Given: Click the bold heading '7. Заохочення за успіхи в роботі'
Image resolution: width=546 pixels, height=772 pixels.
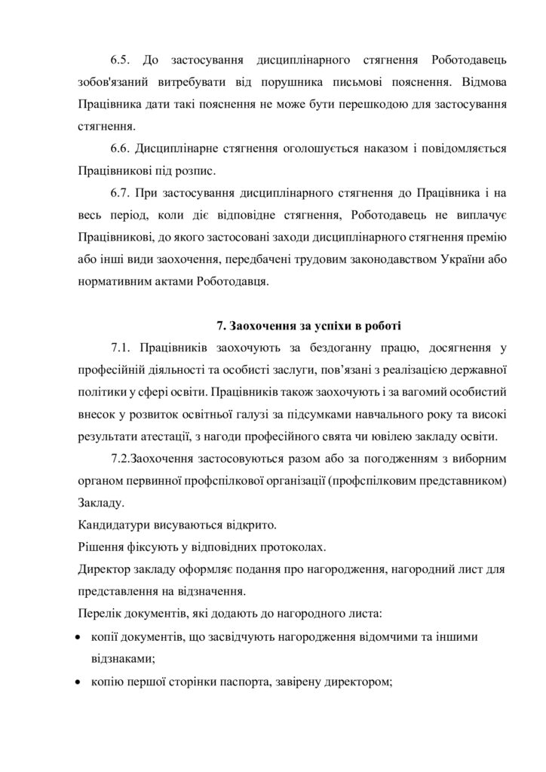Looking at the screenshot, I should click(309, 326).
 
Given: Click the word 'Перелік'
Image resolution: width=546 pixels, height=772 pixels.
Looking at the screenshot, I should click(98, 611).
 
